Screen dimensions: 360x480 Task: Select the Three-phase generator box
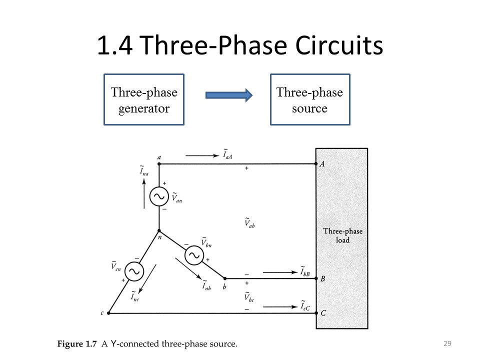[x=144, y=99]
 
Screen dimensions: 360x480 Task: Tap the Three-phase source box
[x=310, y=99]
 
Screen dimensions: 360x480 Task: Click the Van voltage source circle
[x=159, y=197]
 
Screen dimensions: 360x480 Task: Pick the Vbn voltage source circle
[x=194, y=255]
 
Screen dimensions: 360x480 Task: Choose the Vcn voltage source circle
[x=134, y=271]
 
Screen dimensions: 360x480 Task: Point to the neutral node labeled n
[x=159, y=230]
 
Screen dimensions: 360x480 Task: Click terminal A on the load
[x=316, y=163]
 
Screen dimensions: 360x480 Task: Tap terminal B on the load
[x=316, y=278]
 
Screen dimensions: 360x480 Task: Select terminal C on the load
[x=316, y=313]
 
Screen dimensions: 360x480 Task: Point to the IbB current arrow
[x=279, y=272]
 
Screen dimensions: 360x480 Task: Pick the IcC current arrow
[x=279, y=306]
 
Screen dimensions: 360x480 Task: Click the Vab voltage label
[x=249, y=223]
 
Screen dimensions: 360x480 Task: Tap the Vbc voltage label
[x=249, y=297]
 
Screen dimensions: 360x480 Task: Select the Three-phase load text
[x=342, y=235]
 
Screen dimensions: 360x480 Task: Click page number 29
[x=447, y=343]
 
